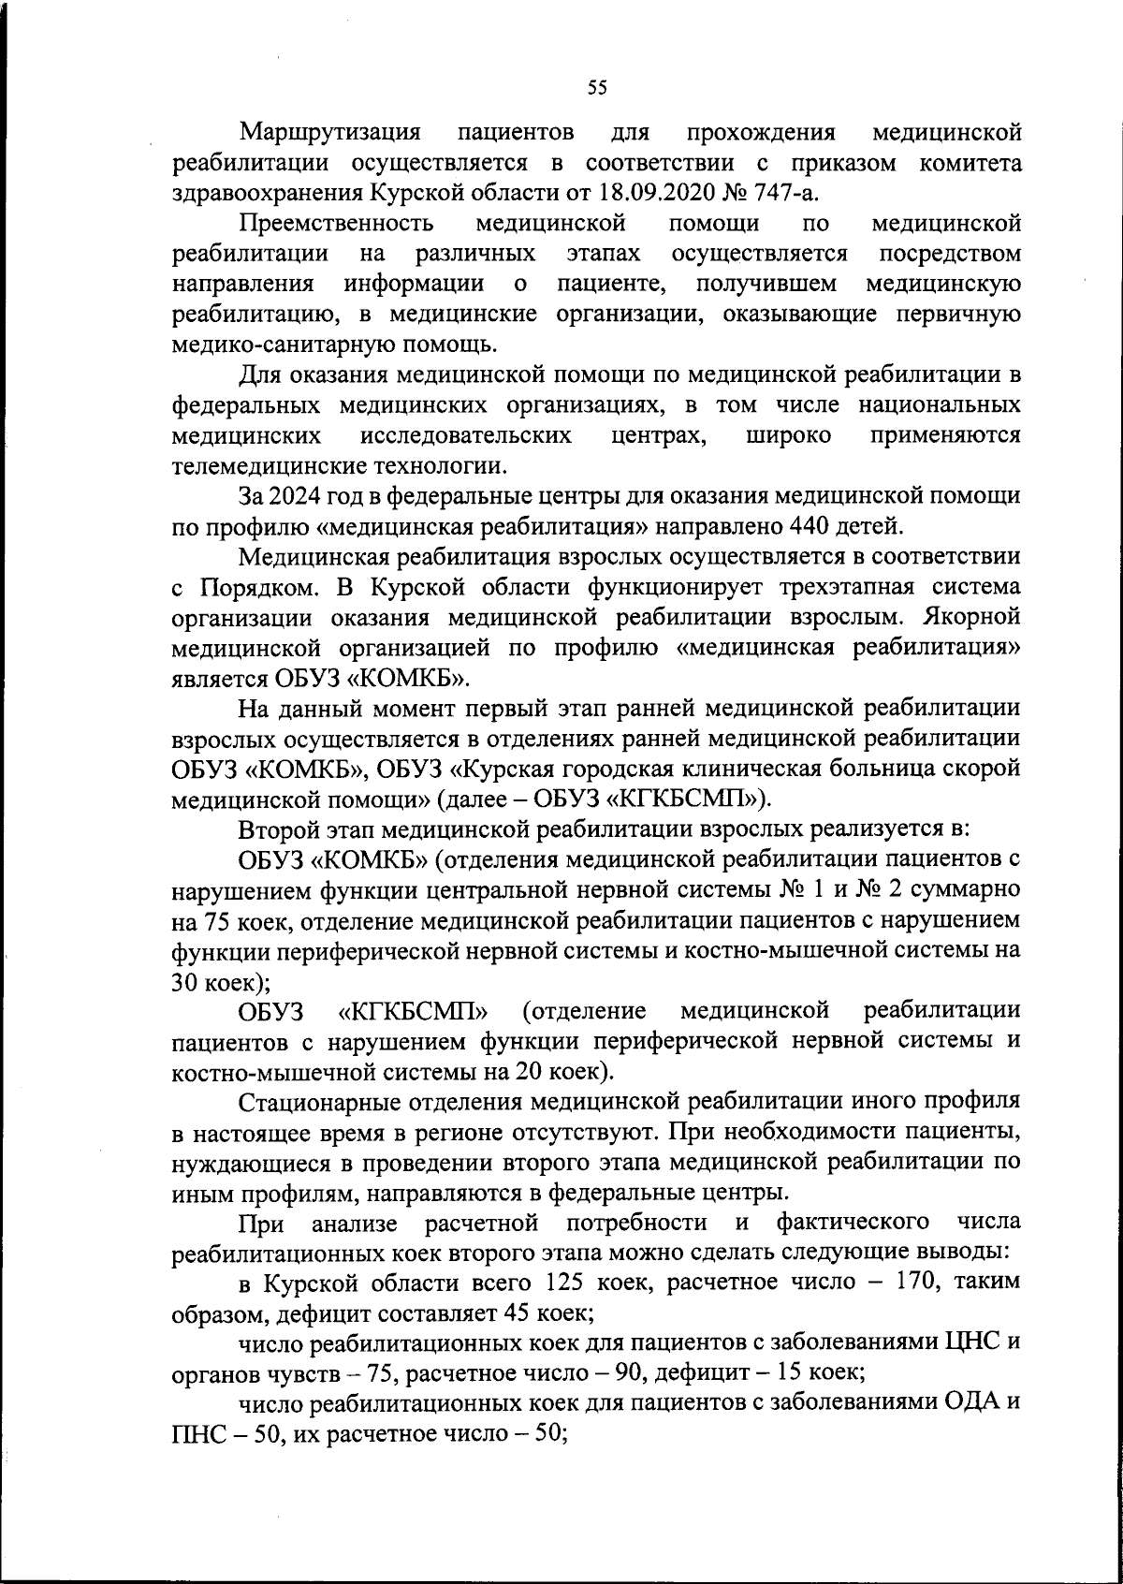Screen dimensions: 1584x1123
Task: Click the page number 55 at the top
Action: coord(597,87)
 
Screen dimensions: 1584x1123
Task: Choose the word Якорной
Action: coord(972,618)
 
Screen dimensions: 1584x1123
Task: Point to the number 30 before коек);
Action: coord(183,982)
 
